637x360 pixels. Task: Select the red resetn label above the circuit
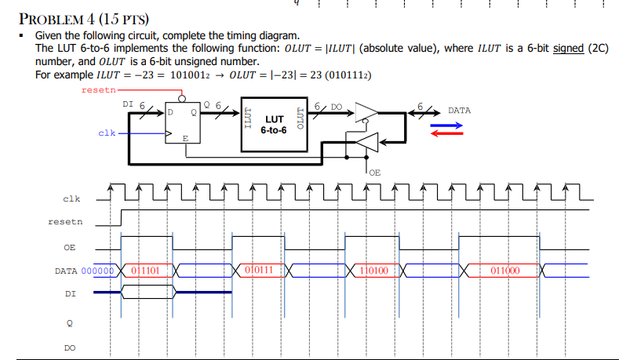(x=97, y=91)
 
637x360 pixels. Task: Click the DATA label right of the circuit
(x=460, y=111)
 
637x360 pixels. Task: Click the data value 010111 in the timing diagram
(x=258, y=271)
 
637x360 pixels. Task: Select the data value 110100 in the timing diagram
(x=373, y=271)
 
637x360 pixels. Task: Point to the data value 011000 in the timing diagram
(x=504, y=271)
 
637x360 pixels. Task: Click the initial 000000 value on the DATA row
(x=99, y=271)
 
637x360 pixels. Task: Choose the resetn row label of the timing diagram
(x=66, y=223)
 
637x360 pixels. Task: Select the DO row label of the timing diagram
(x=71, y=346)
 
